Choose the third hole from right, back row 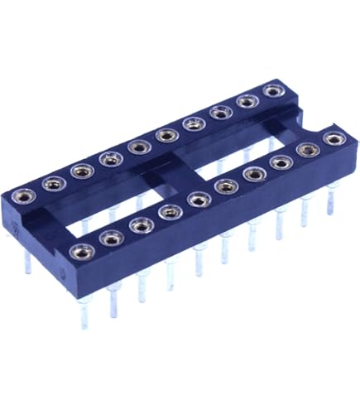coord(220,112)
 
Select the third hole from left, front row coord(140,225)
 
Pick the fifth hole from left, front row coord(198,199)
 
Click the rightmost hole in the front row coord(334,138)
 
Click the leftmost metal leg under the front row coord(84,306)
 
